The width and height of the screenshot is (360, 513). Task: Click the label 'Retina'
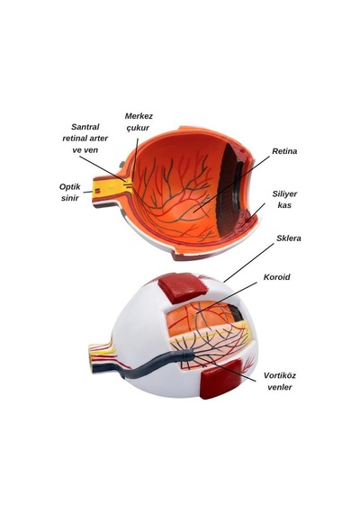pyautogui.click(x=284, y=151)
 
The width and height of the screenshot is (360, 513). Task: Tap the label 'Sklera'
pyautogui.click(x=289, y=238)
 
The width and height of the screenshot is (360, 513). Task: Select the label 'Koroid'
pyautogui.click(x=277, y=277)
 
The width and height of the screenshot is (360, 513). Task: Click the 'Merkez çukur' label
pyautogui.click(x=139, y=122)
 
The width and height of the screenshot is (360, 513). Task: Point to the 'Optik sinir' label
pyautogui.click(x=69, y=193)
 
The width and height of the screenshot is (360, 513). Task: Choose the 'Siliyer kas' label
pyautogui.click(x=284, y=199)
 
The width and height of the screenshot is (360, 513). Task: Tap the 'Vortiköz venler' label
pyautogui.click(x=280, y=382)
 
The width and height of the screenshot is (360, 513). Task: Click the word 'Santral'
pyautogui.click(x=85, y=127)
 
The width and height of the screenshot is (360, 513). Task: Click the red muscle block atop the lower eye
pyautogui.click(x=183, y=287)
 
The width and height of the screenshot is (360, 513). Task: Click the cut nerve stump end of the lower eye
pyautogui.click(x=92, y=357)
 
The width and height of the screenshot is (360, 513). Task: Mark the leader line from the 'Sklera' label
pyautogui.click(x=248, y=263)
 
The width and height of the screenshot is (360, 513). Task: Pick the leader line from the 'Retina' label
pyautogui.click(x=231, y=184)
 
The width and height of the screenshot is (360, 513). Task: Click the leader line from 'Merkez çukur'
pyautogui.click(x=135, y=159)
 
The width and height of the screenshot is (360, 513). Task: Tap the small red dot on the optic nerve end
pyautogui.click(x=98, y=191)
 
